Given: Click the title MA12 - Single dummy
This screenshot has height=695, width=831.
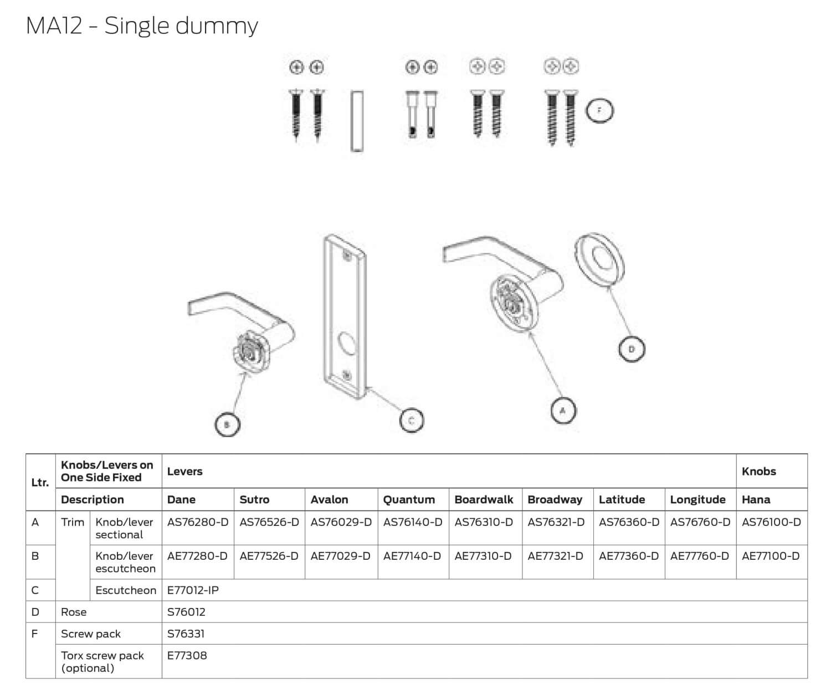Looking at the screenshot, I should click(x=142, y=26).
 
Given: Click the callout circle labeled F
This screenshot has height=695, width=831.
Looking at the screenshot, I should click(x=599, y=111).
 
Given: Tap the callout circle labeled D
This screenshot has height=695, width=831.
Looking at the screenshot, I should click(x=632, y=350).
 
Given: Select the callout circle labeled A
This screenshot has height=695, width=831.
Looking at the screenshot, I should click(x=563, y=411).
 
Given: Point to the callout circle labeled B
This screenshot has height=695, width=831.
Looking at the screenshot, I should click(x=227, y=425).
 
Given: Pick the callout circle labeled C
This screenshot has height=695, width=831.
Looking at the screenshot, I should click(x=411, y=420).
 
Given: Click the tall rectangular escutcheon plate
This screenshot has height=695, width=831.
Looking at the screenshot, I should click(x=343, y=316).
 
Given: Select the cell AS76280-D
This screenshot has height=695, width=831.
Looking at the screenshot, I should click(x=198, y=522).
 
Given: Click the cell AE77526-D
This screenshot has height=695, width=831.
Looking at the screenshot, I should click(x=269, y=556).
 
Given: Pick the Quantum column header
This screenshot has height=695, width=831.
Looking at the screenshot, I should click(x=409, y=499).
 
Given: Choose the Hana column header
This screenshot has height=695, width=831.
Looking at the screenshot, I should click(x=756, y=499).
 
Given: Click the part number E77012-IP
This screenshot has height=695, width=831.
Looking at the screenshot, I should click(x=193, y=590).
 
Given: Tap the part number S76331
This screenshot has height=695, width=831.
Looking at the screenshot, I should click(x=186, y=633).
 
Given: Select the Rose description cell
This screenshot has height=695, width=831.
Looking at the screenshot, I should click(x=74, y=612).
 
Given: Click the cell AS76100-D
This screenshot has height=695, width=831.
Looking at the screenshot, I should click(x=771, y=522).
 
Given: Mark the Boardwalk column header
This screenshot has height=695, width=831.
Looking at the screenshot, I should click(x=484, y=499).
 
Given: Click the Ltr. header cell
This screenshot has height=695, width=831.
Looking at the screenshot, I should click(x=40, y=482).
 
